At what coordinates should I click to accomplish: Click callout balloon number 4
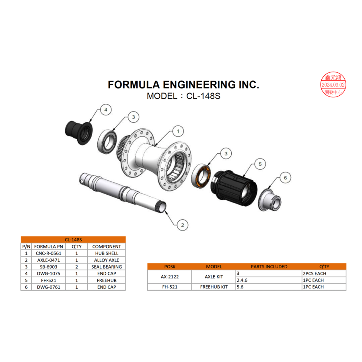pos(105,109)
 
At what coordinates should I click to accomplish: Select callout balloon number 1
pos(178,131)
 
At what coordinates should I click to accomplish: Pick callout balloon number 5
pos(260,164)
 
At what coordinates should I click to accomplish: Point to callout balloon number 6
pos(285,177)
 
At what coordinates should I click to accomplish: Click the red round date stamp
pos(333,85)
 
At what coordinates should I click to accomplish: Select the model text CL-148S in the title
pos(203,96)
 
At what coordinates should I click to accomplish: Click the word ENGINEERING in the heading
pos(196,84)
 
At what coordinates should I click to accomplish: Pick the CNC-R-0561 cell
pos(49,253)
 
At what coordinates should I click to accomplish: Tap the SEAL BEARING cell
pos(107,267)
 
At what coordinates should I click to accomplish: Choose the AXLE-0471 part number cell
pos(49,260)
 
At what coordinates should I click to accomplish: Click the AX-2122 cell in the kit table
pos(170,277)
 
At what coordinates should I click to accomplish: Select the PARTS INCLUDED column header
pos(269,266)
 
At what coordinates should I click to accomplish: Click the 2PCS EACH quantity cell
pos(314,274)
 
